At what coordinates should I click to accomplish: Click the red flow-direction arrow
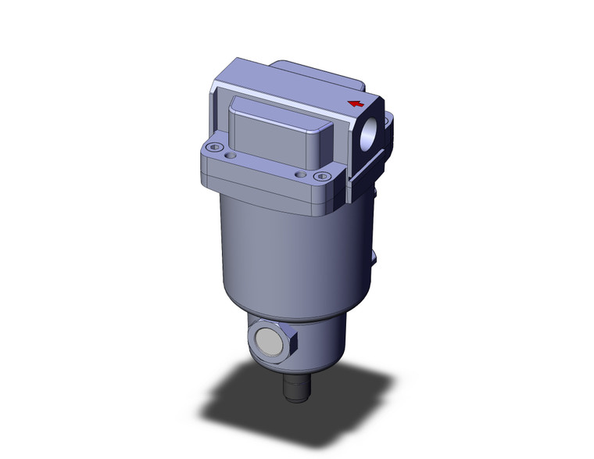click(x=356, y=103)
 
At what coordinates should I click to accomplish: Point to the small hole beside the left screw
click(x=229, y=156)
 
